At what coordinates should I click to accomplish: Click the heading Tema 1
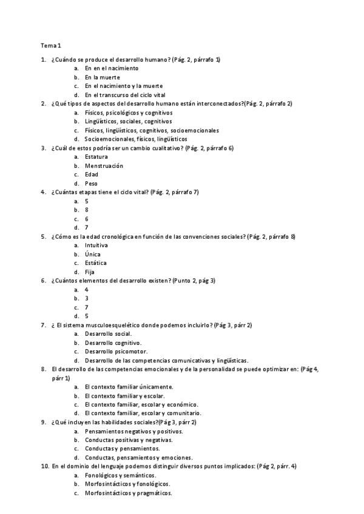coord(51,45)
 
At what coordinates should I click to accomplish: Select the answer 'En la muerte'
coord(103,78)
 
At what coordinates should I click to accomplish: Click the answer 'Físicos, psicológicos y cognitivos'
coord(129,113)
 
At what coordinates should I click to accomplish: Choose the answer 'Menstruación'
coord(104,165)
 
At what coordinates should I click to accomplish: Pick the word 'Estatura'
coord(97,157)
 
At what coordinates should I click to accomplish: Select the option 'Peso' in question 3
coord(91,183)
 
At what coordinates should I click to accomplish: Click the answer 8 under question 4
coord(87,210)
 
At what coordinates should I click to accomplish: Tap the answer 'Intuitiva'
coord(97,245)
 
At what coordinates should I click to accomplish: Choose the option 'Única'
coord(93,255)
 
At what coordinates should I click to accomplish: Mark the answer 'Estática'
coord(96,263)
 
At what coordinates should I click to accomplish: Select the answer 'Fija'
coord(90,272)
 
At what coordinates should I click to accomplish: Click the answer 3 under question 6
coord(87,298)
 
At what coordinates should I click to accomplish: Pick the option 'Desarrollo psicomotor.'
coord(116,352)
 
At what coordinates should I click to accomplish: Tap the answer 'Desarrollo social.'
coord(109,334)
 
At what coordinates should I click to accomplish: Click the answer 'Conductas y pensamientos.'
coord(123,449)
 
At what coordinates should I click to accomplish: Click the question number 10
coord(44,466)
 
